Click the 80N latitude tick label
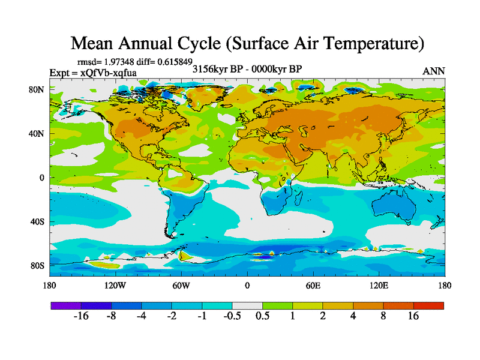tap(38, 90)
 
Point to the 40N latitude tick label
tap(38, 134)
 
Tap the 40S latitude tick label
tap(38, 222)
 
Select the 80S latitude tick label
tap(38, 266)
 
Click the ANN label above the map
tap(434, 71)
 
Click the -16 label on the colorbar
tap(81, 316)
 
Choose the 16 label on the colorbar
tap(413, 316)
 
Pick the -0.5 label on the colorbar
tap(232, 316)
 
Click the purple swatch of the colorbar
tap(66, 305)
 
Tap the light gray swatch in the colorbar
tap(247, 305)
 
